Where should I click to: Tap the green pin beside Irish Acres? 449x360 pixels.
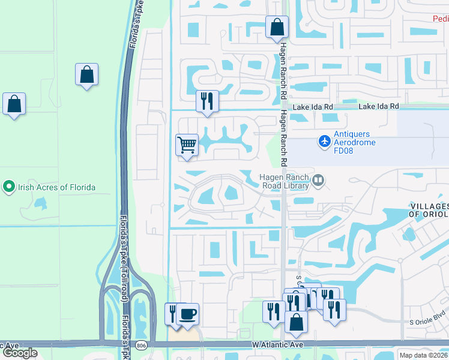[x=8, y=187]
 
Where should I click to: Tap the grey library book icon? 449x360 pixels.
[x=318, y=179]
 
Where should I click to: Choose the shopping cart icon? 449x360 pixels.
[x=187, y=145]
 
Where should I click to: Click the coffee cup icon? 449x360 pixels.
[x=188, y=314]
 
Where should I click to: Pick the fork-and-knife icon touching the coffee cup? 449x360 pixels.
[x=173, y=314]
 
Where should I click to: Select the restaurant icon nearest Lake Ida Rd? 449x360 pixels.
[x=207, y=101]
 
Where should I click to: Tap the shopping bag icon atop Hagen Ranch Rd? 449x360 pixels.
[x=277, y=26]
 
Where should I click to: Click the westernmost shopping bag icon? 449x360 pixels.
[x=14, y=104]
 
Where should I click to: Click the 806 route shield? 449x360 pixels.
[x=141, y=345]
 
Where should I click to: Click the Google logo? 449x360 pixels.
[x=20, y=352]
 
